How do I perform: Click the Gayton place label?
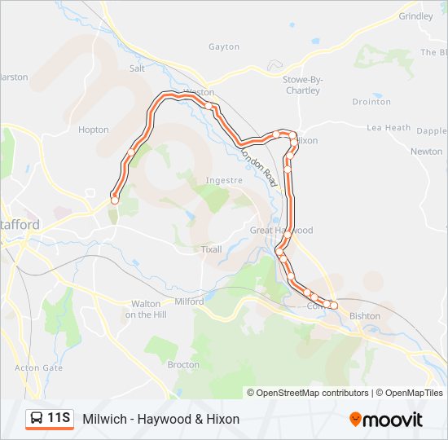click(224, 47)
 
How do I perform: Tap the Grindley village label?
click(416, 16)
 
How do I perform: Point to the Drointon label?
click(371, 102)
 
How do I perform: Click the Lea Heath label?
click(389, 128)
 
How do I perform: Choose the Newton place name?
click(426, 152)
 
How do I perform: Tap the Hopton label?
click(94, 130)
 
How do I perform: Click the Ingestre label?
click(225, 180)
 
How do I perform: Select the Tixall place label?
click(211, 249)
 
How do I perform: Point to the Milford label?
click(189, 301)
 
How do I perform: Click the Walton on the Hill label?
click(147, 309)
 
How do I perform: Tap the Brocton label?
click(183, 365)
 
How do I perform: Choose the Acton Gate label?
click(38, 368)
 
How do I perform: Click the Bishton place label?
click(364, 316)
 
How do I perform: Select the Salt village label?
click(137, 69)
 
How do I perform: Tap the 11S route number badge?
click(58, 419)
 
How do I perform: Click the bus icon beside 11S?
click(37, 419)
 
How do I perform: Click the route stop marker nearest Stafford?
click(115, 199)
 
